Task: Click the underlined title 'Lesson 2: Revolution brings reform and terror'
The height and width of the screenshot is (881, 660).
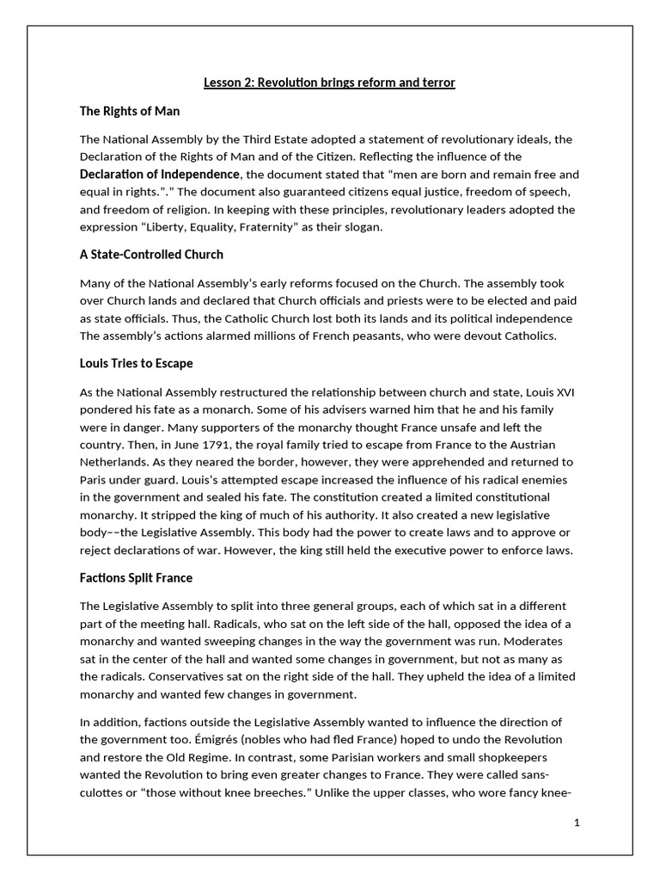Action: tap(329, 83)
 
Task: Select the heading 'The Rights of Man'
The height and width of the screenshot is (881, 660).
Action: tap(129, 111)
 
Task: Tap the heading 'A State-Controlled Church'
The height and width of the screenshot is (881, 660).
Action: tap(151, 255)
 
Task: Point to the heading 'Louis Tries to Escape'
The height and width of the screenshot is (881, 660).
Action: tap(136, 363)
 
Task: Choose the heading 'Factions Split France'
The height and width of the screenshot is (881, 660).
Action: tap(136, 577)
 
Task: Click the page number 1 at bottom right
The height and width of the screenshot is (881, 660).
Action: tap(577, 822)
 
